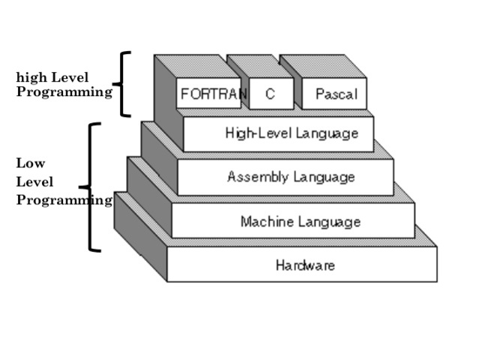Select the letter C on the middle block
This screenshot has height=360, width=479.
point(268,94)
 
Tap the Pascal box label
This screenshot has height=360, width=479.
point(336,95)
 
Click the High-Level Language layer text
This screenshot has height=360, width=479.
point(292,133)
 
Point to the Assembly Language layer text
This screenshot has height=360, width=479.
point(291,177)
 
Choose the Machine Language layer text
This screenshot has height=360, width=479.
point(300,221)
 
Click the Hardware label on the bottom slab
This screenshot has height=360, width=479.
point(305,265)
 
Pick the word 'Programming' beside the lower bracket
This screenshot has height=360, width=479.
point(64,199)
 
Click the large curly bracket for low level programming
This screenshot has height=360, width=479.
point(92,187)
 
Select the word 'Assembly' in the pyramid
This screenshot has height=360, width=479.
point(253,177)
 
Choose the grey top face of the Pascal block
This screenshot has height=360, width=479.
point(322,66)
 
